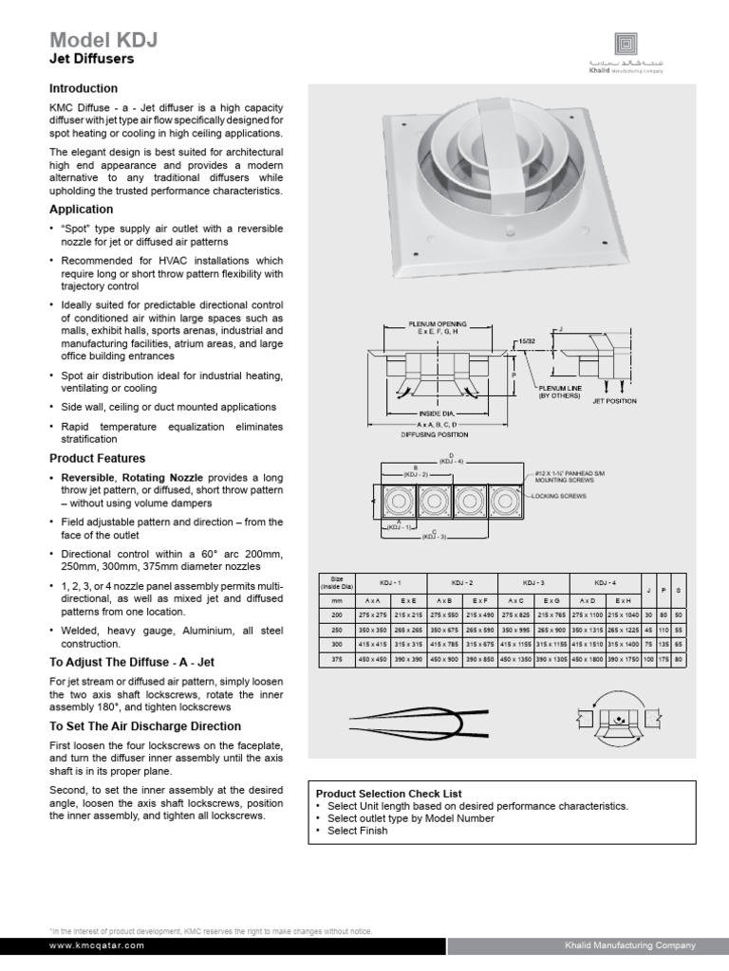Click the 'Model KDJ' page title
pos(103,40)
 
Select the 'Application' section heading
pos(81,209)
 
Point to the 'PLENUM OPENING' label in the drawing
pos(437,323)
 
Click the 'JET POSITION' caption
pos(614,401)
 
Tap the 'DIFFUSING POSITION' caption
pos(437,434)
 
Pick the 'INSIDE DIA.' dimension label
pos(437,414)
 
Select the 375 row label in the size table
pos(337,660)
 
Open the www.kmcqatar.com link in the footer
pos(97,945)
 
